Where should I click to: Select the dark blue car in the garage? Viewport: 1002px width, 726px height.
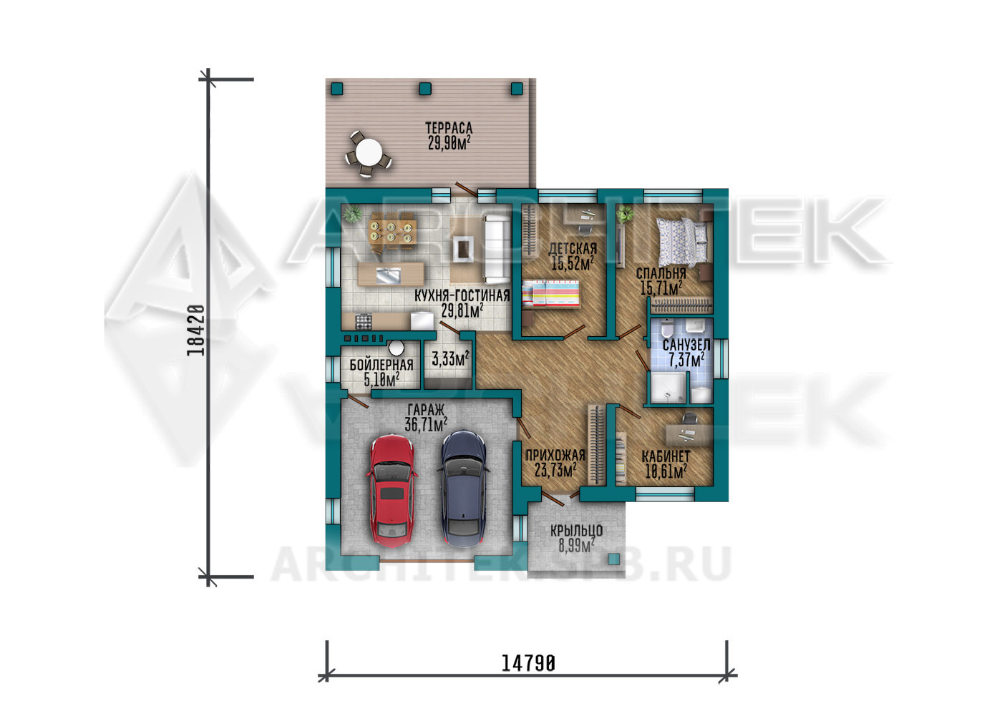tap(464, 488)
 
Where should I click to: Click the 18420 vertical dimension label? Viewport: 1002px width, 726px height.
tap(196, 330)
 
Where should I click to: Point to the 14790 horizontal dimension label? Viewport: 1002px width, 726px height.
tap(528, 664)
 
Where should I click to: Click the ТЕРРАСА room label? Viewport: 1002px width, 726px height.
tap(449, 128)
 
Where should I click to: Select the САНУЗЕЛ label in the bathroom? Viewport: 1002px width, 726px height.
tap(686, 345)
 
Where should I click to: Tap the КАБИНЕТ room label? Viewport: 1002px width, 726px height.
tap(666, 456)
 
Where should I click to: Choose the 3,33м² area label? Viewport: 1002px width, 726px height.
tap(450, 358)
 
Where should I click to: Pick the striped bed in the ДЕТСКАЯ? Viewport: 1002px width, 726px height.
tap(550, 294)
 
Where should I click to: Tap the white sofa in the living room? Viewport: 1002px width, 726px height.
tap(497, 248)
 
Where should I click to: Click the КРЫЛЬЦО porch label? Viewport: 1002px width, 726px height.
tap(577, 531)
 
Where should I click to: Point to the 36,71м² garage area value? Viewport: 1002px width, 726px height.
tap(427, 424)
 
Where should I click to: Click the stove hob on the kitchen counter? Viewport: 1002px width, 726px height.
tap(364, 321)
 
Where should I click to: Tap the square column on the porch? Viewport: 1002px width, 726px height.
tap(614, 559)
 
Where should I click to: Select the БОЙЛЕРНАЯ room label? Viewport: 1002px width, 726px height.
tap(381, 365)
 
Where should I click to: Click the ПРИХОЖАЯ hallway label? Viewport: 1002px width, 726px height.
tap(555, 455)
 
